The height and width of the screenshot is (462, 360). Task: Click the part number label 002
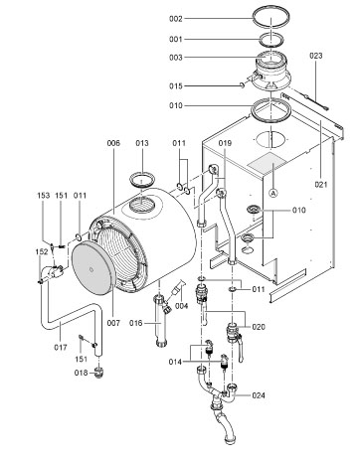click(204, 19)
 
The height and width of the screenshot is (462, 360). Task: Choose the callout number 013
click(141, 144)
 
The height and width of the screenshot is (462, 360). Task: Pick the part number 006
click(113, 144)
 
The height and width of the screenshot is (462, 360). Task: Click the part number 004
click(182, 306)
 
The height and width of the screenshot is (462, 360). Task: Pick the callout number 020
click(260, 326)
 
